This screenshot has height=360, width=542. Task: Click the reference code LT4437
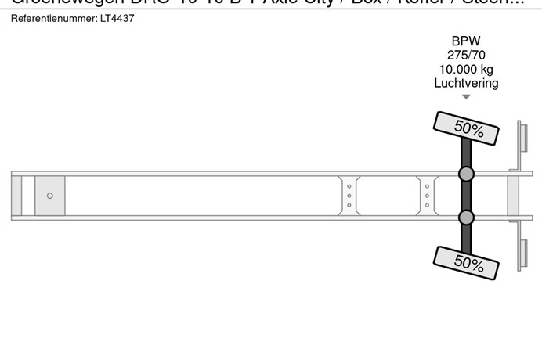click(117, 18)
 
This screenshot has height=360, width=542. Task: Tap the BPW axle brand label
click(466, 41)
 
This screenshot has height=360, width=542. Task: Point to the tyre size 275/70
click(466, 55)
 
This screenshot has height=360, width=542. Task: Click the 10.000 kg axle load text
click(466, 69)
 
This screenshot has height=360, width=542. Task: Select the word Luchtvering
click(466, 83)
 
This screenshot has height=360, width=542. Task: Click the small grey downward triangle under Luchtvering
click(466, 97)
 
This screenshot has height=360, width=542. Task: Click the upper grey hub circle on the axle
click(466, 174)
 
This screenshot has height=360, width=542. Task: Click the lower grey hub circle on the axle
click(466, 217)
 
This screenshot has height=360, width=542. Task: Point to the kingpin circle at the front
click(50, 196)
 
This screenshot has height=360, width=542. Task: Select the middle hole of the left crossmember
click(349, 196)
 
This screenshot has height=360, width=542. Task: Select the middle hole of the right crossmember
click(427, 196)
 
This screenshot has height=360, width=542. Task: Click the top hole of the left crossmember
click(349, 185)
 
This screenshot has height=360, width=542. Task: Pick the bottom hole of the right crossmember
click(427, 206)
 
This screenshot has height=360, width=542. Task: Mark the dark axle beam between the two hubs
click(466, 196)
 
